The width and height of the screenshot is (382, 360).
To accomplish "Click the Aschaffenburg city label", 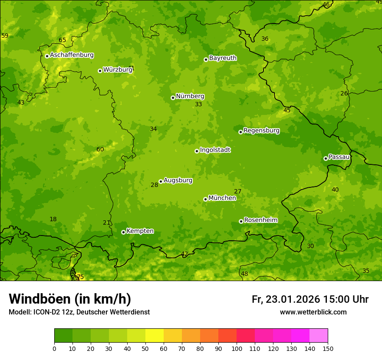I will (72, 55).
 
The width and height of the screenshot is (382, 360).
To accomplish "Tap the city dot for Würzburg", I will (100, 71).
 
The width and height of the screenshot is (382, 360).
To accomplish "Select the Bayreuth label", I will (223, 58).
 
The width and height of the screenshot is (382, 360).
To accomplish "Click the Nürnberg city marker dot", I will (173, 98).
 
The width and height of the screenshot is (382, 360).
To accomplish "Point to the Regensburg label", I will (261, 131).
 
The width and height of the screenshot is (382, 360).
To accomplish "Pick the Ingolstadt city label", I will (215, 150).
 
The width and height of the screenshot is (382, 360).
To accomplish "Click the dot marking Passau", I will (326, 158).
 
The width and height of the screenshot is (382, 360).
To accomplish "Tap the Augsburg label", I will (178, 180).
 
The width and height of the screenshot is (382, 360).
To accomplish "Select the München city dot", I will (205, 199).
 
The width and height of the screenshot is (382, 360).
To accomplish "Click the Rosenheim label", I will (260, 220).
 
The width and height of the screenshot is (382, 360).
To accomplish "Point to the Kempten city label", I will (140, 231).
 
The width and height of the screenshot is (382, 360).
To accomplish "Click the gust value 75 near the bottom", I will (80, 277).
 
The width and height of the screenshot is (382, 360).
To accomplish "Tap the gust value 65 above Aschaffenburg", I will (63, 40).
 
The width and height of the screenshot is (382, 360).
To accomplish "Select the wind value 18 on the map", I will (53, 219).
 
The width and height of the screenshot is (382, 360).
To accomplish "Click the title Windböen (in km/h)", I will (70, 299).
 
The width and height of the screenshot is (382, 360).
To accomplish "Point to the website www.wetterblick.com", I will (313, 312).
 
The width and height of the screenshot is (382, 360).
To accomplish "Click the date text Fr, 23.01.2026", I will (286, 299).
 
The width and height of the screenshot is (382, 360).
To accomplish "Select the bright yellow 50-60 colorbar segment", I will (155, 336).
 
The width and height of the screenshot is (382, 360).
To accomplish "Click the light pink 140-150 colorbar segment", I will (319, 336).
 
